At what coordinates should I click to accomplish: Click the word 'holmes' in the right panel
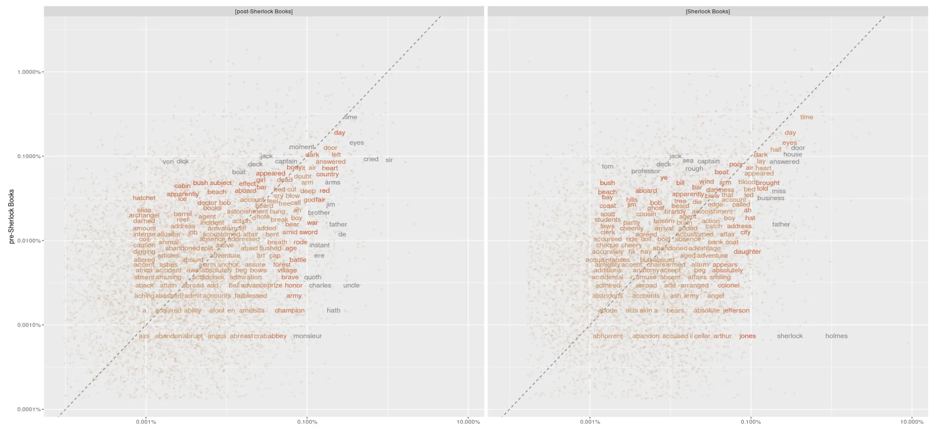[x=836, y=336]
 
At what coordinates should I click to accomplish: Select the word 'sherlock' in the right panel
[x=790, y=336]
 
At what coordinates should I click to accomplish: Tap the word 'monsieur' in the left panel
[x=307, y=336]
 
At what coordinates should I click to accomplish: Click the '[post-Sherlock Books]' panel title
[x=264, y=11]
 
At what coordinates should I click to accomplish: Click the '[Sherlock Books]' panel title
[x=707, y=11]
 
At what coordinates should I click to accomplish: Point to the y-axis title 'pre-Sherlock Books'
[x=11, y=216]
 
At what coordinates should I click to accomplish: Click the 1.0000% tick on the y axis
[x=29, y=72]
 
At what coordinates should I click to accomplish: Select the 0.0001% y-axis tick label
[x=29, y=409]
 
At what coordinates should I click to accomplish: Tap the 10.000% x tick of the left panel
[x=468, y=422]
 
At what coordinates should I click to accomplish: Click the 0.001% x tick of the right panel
[x=590, y=422]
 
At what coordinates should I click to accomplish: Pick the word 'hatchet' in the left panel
[x=144, y=198]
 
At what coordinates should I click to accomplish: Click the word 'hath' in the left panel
[x=333, y=310]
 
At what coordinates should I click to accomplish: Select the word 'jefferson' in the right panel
[x=736, y=310]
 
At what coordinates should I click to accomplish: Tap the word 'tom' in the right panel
[x=607, y=166]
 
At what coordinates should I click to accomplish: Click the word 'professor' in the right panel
[x=645, y=171]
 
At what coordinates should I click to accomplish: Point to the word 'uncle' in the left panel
[x=351, y=285]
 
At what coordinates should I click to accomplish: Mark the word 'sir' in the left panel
[x=389, y=160]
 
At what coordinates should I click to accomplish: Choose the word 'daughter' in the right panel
[x=747, y=251]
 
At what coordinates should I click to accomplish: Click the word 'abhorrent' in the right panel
[x=607, y=336]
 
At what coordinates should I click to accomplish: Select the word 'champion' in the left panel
[x=289, y=310]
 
